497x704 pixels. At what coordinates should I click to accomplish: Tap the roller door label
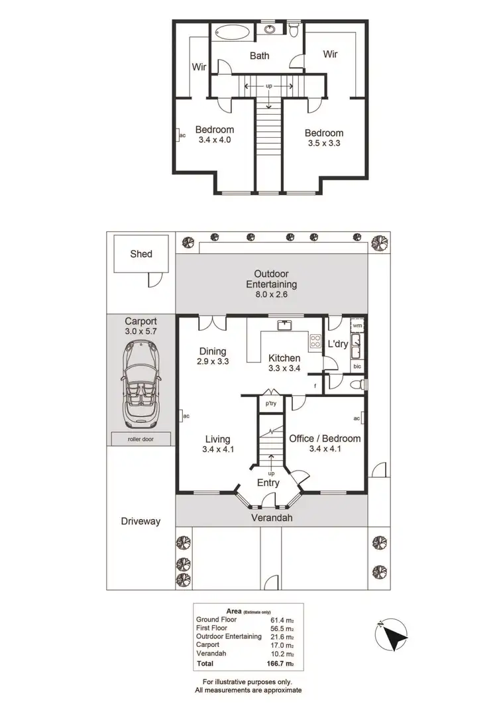click(140, 438)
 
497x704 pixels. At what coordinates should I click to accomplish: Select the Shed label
click(141, 253)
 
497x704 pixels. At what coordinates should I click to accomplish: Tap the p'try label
click(270, 403)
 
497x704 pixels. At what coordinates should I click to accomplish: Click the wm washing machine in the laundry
click(357, 325)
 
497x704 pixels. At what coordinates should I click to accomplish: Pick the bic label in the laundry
click(357, 365)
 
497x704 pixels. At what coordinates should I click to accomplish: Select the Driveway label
click(141, 521)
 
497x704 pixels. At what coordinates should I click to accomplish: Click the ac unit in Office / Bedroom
click(357, 418)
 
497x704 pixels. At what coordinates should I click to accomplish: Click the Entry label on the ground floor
click(269, 483)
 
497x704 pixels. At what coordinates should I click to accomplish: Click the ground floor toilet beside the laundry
click(357, 384)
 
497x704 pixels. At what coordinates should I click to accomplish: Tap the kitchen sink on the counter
click(286, 325)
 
